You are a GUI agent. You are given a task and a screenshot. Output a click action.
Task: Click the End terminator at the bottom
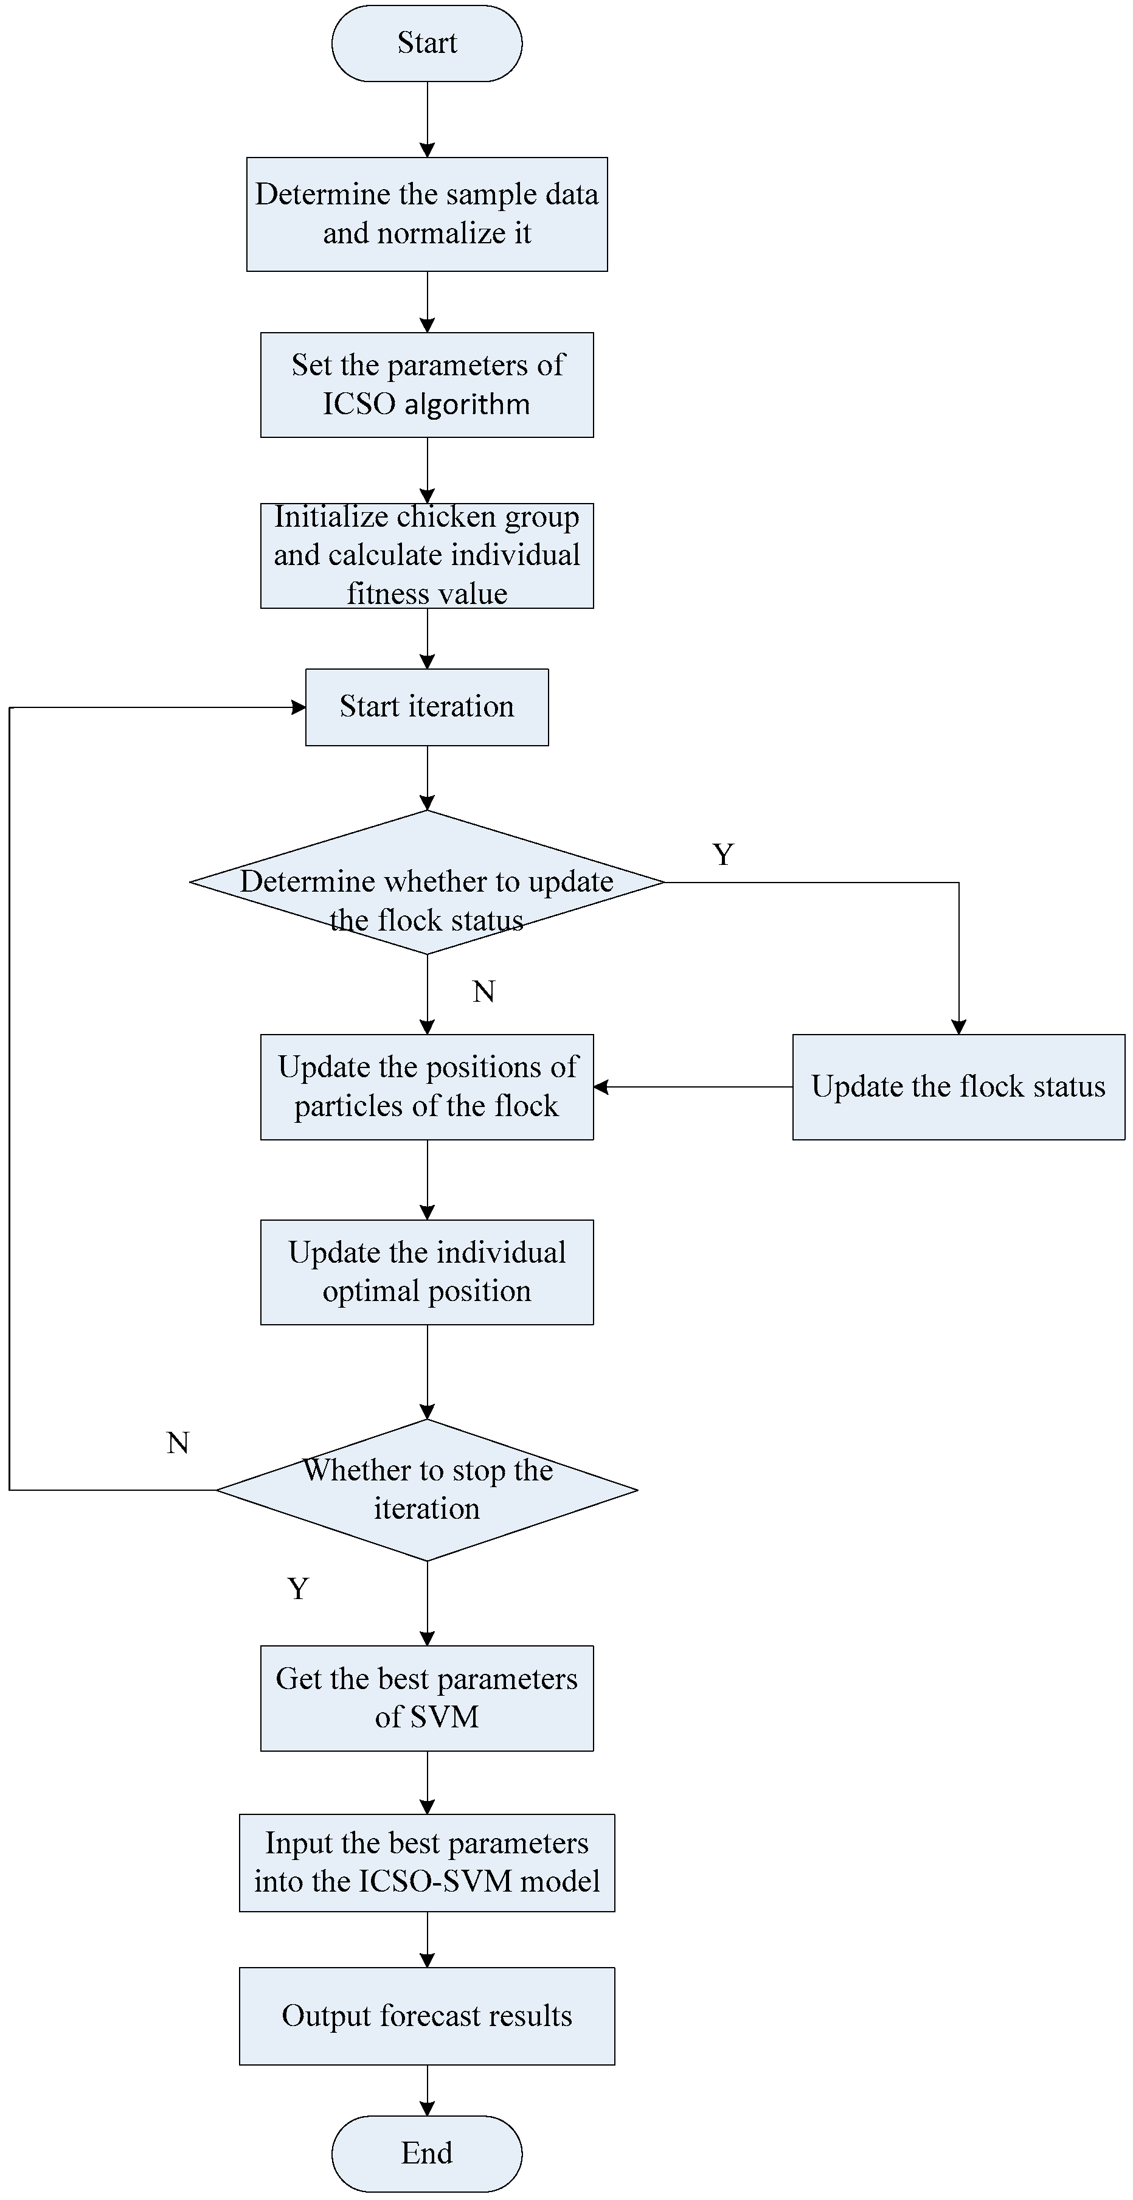point(426,2153)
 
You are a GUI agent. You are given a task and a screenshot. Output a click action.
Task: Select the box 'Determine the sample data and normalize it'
point(426,213)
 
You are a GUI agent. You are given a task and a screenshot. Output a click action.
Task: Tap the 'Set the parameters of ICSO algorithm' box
point(426,384)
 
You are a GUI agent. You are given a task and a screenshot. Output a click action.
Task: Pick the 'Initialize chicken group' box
point(426,555)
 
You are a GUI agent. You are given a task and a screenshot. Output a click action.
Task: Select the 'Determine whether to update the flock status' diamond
point(426,881)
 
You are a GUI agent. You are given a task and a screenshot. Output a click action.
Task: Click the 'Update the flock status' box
point(958,1086)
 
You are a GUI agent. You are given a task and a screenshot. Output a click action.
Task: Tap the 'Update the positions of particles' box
point(426,1086)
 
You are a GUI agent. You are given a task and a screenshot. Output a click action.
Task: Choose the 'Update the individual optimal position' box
point(426,1272)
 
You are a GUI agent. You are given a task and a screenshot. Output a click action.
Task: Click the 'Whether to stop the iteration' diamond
point(426,1490)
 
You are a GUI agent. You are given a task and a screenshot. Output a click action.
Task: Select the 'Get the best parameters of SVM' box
point(426,1698)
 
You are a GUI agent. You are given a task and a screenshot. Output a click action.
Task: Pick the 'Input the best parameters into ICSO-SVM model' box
point(426,1862)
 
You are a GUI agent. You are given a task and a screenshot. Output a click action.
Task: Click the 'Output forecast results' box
point(426,2016)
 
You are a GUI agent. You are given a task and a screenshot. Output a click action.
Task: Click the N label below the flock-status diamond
point(483,991)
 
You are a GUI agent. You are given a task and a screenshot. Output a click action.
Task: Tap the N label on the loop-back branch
point(178,1443)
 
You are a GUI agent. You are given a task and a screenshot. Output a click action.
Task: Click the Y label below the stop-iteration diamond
point(297,1589)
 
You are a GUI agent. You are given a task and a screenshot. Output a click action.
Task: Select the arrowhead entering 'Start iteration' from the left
point(298,707)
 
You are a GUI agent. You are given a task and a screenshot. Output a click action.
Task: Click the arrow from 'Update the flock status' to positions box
point(691,1086)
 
